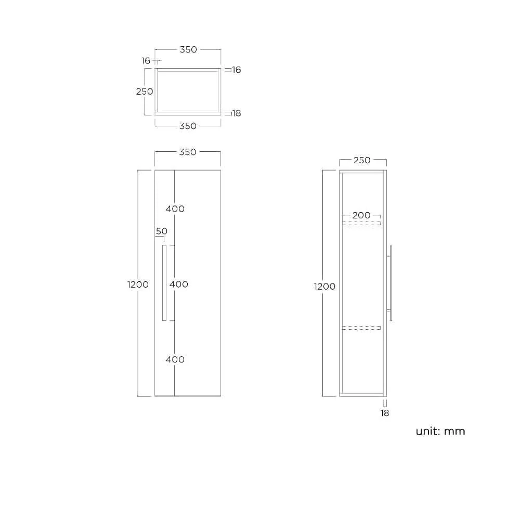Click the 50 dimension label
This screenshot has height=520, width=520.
(x=162, y=231)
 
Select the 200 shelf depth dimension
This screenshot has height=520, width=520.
(x=361, y=215)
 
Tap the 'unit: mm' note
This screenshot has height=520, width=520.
(x=440, y=431)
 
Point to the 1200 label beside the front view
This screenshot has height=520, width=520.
(x=138, y=284)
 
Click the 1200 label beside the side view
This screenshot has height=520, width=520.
(x=324, y=287)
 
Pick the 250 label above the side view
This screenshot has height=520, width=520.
(x=362, y=160)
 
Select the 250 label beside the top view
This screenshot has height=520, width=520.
(x=145, y=92)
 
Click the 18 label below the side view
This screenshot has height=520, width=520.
(x=385, y=413)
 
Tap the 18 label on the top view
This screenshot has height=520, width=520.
(x=237, y=113)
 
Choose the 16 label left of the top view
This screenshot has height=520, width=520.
(x=146, y=61)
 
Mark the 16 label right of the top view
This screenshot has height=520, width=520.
(x=237, y=70)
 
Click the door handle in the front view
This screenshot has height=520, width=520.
(x=164, y=283)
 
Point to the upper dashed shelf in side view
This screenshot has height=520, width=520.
(x=361, y=224)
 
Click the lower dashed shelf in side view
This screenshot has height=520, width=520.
(x=361, y=328)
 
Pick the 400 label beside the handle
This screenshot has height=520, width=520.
(x=179, y=284)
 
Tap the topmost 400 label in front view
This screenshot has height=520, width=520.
(x=175, y=209)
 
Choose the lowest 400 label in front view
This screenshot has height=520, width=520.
(x=175, y=359)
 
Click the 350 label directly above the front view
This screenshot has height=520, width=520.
(x=188, y=152)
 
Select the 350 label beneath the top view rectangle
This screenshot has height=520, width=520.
(x=188, y=126)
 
